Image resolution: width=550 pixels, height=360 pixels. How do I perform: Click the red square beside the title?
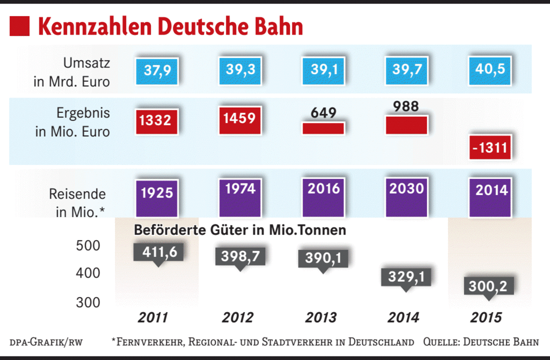point(19,26)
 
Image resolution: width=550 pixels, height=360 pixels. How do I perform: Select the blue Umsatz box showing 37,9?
point(157,70)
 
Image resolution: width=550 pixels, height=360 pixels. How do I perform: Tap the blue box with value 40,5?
point(490,69)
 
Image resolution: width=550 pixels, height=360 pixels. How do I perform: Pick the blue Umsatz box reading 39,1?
point(324,70)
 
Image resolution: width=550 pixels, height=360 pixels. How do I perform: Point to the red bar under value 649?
point(323,128)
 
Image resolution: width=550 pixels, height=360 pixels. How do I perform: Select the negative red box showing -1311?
point(490,147)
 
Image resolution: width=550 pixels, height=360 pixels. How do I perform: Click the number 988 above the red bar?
point(406,106)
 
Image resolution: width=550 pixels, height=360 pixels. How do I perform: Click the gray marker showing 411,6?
point(158,252)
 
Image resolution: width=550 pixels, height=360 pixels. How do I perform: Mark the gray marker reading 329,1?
point(406,276)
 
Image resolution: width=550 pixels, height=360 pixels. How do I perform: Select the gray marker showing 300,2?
point(490,286)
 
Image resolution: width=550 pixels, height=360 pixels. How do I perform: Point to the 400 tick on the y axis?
point(88,273)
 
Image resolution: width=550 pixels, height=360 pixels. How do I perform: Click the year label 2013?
point(320,317)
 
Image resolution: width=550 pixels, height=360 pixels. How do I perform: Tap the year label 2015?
point(485,317)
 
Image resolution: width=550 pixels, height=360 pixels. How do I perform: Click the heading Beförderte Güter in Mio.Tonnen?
point(240,230)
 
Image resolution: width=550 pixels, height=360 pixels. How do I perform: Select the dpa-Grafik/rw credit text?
point(46,342)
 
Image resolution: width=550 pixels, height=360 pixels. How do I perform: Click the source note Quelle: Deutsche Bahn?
point(481,342)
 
